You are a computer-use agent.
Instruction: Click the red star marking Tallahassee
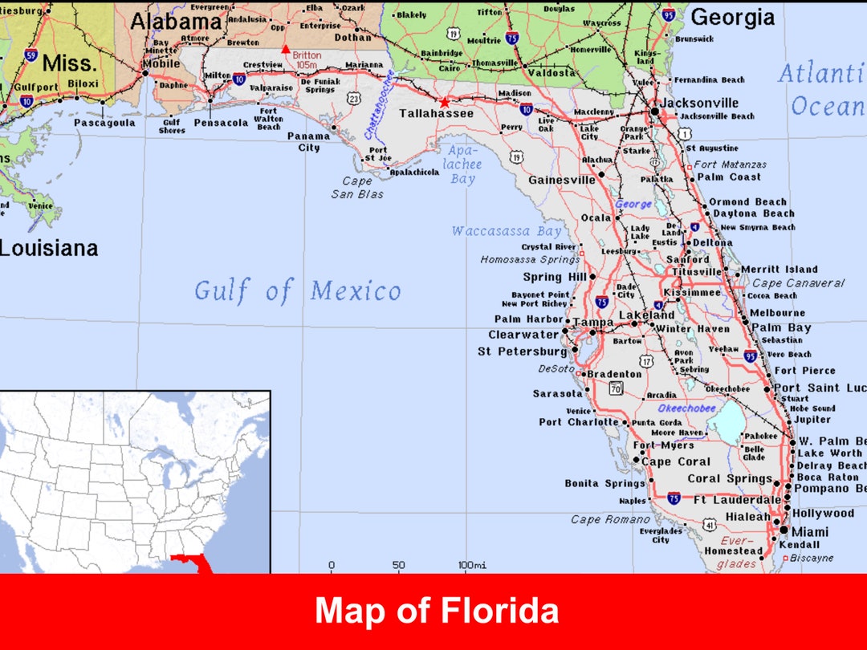(x=445, y=102)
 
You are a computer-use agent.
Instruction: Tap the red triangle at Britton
(x=285, y=49)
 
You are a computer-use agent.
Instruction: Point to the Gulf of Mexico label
(x=297, y=290)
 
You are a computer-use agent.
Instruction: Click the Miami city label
(x=811, y=531)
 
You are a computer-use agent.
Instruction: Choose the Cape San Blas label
(x=357, y=188)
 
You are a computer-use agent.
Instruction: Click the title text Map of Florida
(x=437, y=611)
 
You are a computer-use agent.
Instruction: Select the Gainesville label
(x=561, y=180)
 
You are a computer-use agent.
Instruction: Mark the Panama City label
(x=309, y=142)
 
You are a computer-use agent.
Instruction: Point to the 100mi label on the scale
(x=472, y=565)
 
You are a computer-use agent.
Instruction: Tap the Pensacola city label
(x=221, y=123)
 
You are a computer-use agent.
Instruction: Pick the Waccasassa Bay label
(x=506, y=231)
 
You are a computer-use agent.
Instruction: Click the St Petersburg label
(x=522, y=351)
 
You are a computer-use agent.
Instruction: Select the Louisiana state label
(x=48, y=248)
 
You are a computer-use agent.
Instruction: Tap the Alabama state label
(x=176, y=22)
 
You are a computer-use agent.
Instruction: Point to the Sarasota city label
(x=557, y=393)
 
